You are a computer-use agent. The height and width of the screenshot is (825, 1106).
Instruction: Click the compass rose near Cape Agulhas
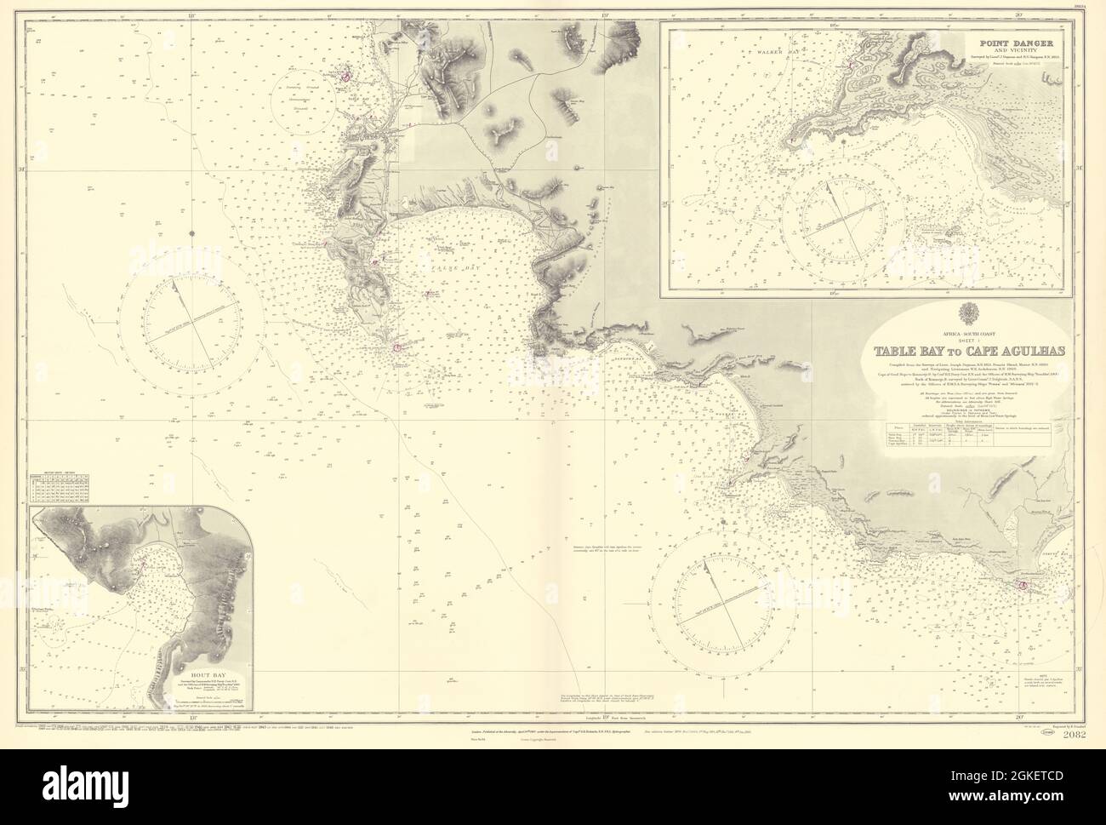tap(728, 589)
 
